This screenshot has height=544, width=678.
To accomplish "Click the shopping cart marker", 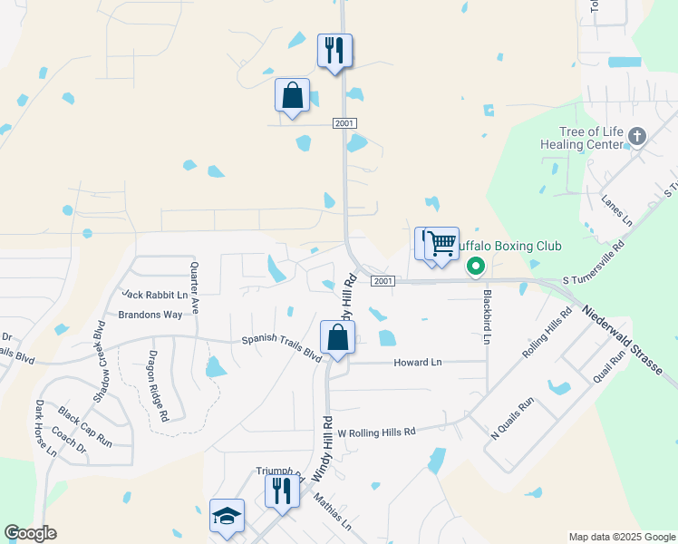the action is pyautogui.click(x=442, y=243).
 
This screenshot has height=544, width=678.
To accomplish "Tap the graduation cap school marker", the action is pyautogui.click(x=227, y=516).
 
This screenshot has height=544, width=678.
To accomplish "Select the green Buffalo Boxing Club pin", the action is pyautogui.click(x=475, y=267).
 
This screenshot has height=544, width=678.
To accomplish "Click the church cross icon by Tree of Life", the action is pyautogui.click(x=637, y=137).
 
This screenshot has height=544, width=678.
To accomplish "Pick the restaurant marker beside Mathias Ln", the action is pyautogui.click(x=282, y=491).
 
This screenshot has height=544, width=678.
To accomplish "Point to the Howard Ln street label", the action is pyautogui.click(x=417, y=363).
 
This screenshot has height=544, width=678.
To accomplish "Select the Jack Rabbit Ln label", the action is pyautogui.click(x=155, y=295).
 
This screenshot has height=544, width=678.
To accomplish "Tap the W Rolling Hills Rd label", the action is pyautogui.click(x=375, y=432).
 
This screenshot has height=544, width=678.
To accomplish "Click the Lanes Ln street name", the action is pyautogui.click(x=617, y=211).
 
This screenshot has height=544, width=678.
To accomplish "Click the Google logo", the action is pyautogui.click(x=30, y=533).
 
